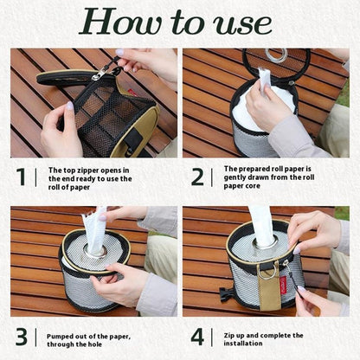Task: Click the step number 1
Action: [x=22, y=177]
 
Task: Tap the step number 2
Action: [x=197, y=177]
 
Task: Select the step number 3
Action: [x=22, y=337]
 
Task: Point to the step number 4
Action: [x=197, y=337]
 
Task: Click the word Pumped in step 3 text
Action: [x=59, y=337]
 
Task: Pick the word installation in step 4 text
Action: [x=243, y=344]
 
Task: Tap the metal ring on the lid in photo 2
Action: [x=276, y=55]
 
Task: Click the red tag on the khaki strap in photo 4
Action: [x=283, y=285]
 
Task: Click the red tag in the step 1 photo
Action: [x=132, y=93]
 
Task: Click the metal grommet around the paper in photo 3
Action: [x=95, y=252]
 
